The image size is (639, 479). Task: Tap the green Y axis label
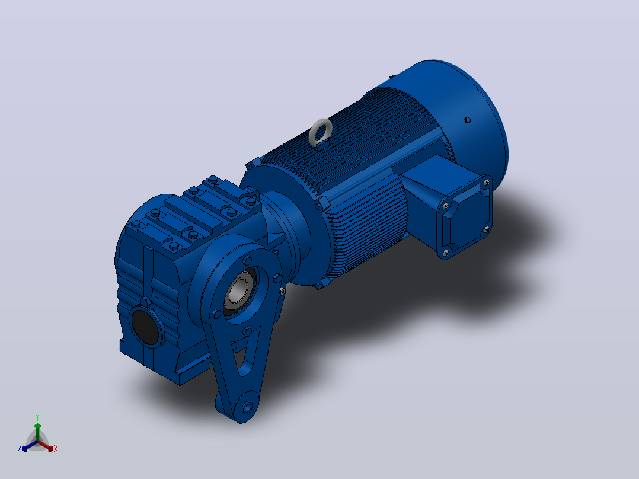[37, 417]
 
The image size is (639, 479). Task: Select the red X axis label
[56, 449]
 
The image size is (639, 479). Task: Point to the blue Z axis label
[20, 448]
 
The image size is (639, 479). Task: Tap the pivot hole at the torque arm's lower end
[247, 407]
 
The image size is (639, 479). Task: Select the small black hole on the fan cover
[468, 120]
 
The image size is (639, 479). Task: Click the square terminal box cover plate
[465, 216]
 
